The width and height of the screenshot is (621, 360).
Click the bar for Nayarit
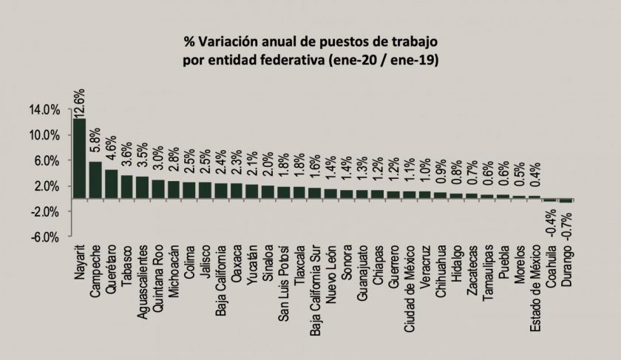click(79, 158)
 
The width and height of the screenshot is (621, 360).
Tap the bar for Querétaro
click(111, 184)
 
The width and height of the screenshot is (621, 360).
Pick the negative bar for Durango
click(566, 201)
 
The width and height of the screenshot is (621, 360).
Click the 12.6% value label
click(80, 102)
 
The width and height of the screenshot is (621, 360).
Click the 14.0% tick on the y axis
click(45, 109)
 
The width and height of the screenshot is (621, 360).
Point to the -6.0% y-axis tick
click(45, 237)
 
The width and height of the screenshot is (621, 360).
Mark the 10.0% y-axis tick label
click(45, 135)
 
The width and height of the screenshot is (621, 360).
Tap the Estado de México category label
click(535, 282)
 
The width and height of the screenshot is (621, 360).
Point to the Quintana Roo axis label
click(158, 273)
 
